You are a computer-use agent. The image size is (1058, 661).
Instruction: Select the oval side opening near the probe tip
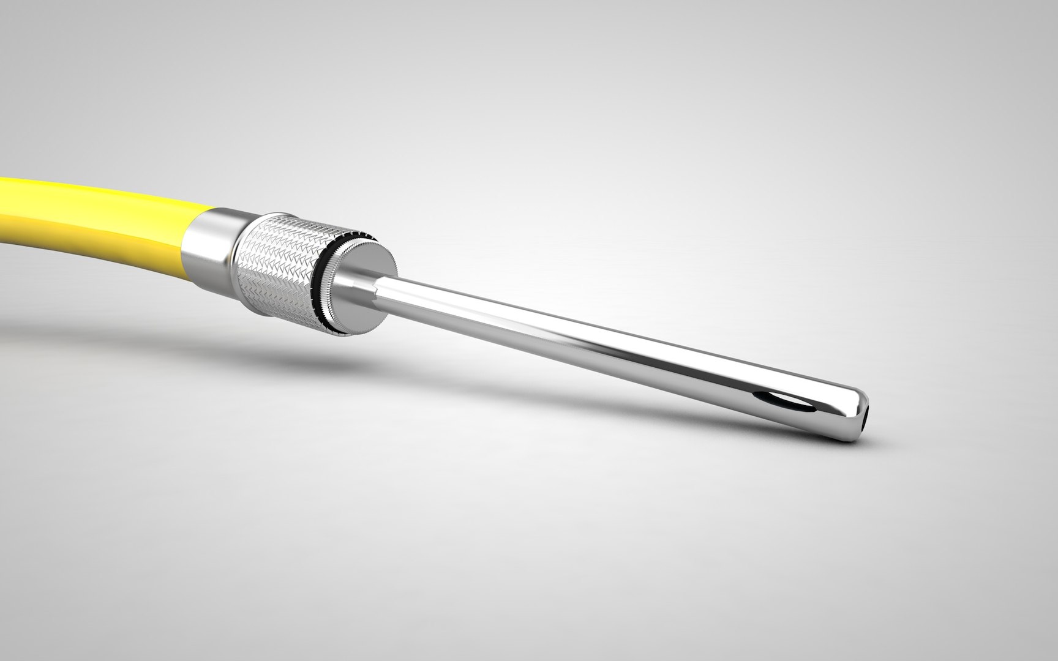(x=781, y=401)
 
